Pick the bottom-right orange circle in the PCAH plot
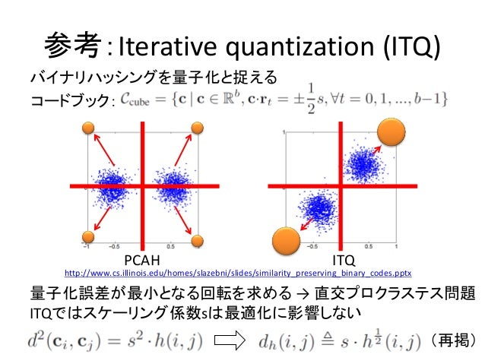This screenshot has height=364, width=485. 197,241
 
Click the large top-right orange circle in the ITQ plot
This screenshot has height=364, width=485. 394,132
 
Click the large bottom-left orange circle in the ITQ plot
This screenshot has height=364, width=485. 286,241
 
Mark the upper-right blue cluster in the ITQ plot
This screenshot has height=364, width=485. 362,163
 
